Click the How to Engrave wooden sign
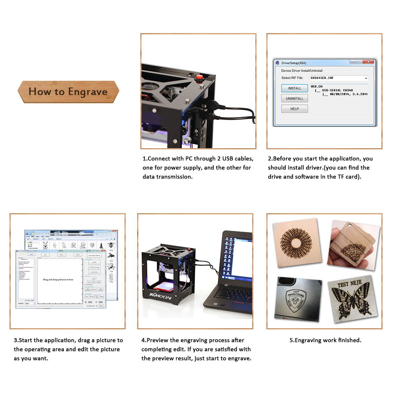click(x=68, y=92)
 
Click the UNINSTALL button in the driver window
click(x=294, y=98)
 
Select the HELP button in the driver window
click(x=294, y=109)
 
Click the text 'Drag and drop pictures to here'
click(x=58, y=279)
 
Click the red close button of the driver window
click(x=369, y=62)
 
